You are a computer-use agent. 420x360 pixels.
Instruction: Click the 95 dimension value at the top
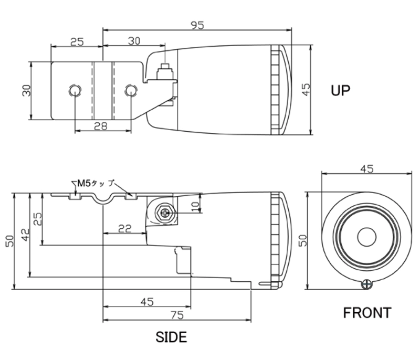(x=197, y=25)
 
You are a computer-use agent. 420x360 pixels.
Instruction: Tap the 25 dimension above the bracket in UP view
(x=77, y=42)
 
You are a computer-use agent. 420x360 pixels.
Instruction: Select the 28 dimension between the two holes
(x=101, y=126)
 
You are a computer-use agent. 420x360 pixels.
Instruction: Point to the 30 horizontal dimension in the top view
(x=134, y=41)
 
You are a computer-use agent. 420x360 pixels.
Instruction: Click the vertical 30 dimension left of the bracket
(x=27, y=90)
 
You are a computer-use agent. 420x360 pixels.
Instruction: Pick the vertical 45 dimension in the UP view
(x=306, y=89)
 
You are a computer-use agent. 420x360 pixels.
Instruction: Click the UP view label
(x=340, y=90)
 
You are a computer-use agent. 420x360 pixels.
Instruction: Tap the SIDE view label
(x=171, y=337)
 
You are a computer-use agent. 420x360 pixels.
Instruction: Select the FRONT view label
(x=367, y=313)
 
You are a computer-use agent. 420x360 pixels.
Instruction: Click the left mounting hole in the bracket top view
(x=75, y=90)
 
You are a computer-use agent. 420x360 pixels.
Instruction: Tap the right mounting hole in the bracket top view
(x=131, y=90)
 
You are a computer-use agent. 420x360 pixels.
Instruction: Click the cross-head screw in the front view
(x=366, y=284)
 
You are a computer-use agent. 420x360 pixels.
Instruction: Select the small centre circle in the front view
(x=366, y=237)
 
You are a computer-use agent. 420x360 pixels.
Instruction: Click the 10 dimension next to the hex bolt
(x=195, y=206)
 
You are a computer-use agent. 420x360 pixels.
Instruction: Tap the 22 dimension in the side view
(x=125, y=228)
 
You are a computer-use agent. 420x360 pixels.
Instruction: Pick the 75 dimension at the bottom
(x=177, y=315)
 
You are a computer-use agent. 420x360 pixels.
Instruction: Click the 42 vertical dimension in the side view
(x=25, y=235)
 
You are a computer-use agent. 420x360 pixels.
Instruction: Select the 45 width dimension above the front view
(x=366, y=169)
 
